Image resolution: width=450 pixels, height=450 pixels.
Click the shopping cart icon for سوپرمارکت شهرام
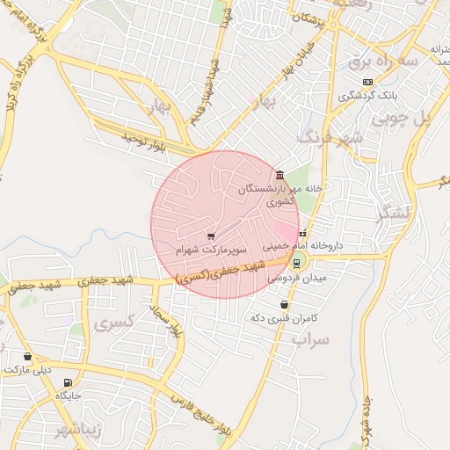tap(211, 236)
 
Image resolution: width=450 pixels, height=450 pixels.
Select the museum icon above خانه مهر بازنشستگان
tap(279, 174)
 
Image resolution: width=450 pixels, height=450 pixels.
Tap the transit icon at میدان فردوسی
tap(296, 262)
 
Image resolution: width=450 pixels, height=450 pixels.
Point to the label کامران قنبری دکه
tap(282, 317)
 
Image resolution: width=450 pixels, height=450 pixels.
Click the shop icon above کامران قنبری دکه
tap(284, 304)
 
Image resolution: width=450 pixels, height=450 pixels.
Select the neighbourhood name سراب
tap(309, 339)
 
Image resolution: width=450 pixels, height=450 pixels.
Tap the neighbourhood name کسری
tap(117, 323)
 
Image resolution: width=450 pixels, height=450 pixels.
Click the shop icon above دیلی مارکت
tap(29, 357)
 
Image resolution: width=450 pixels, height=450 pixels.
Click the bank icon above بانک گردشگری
tap(367, 82)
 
